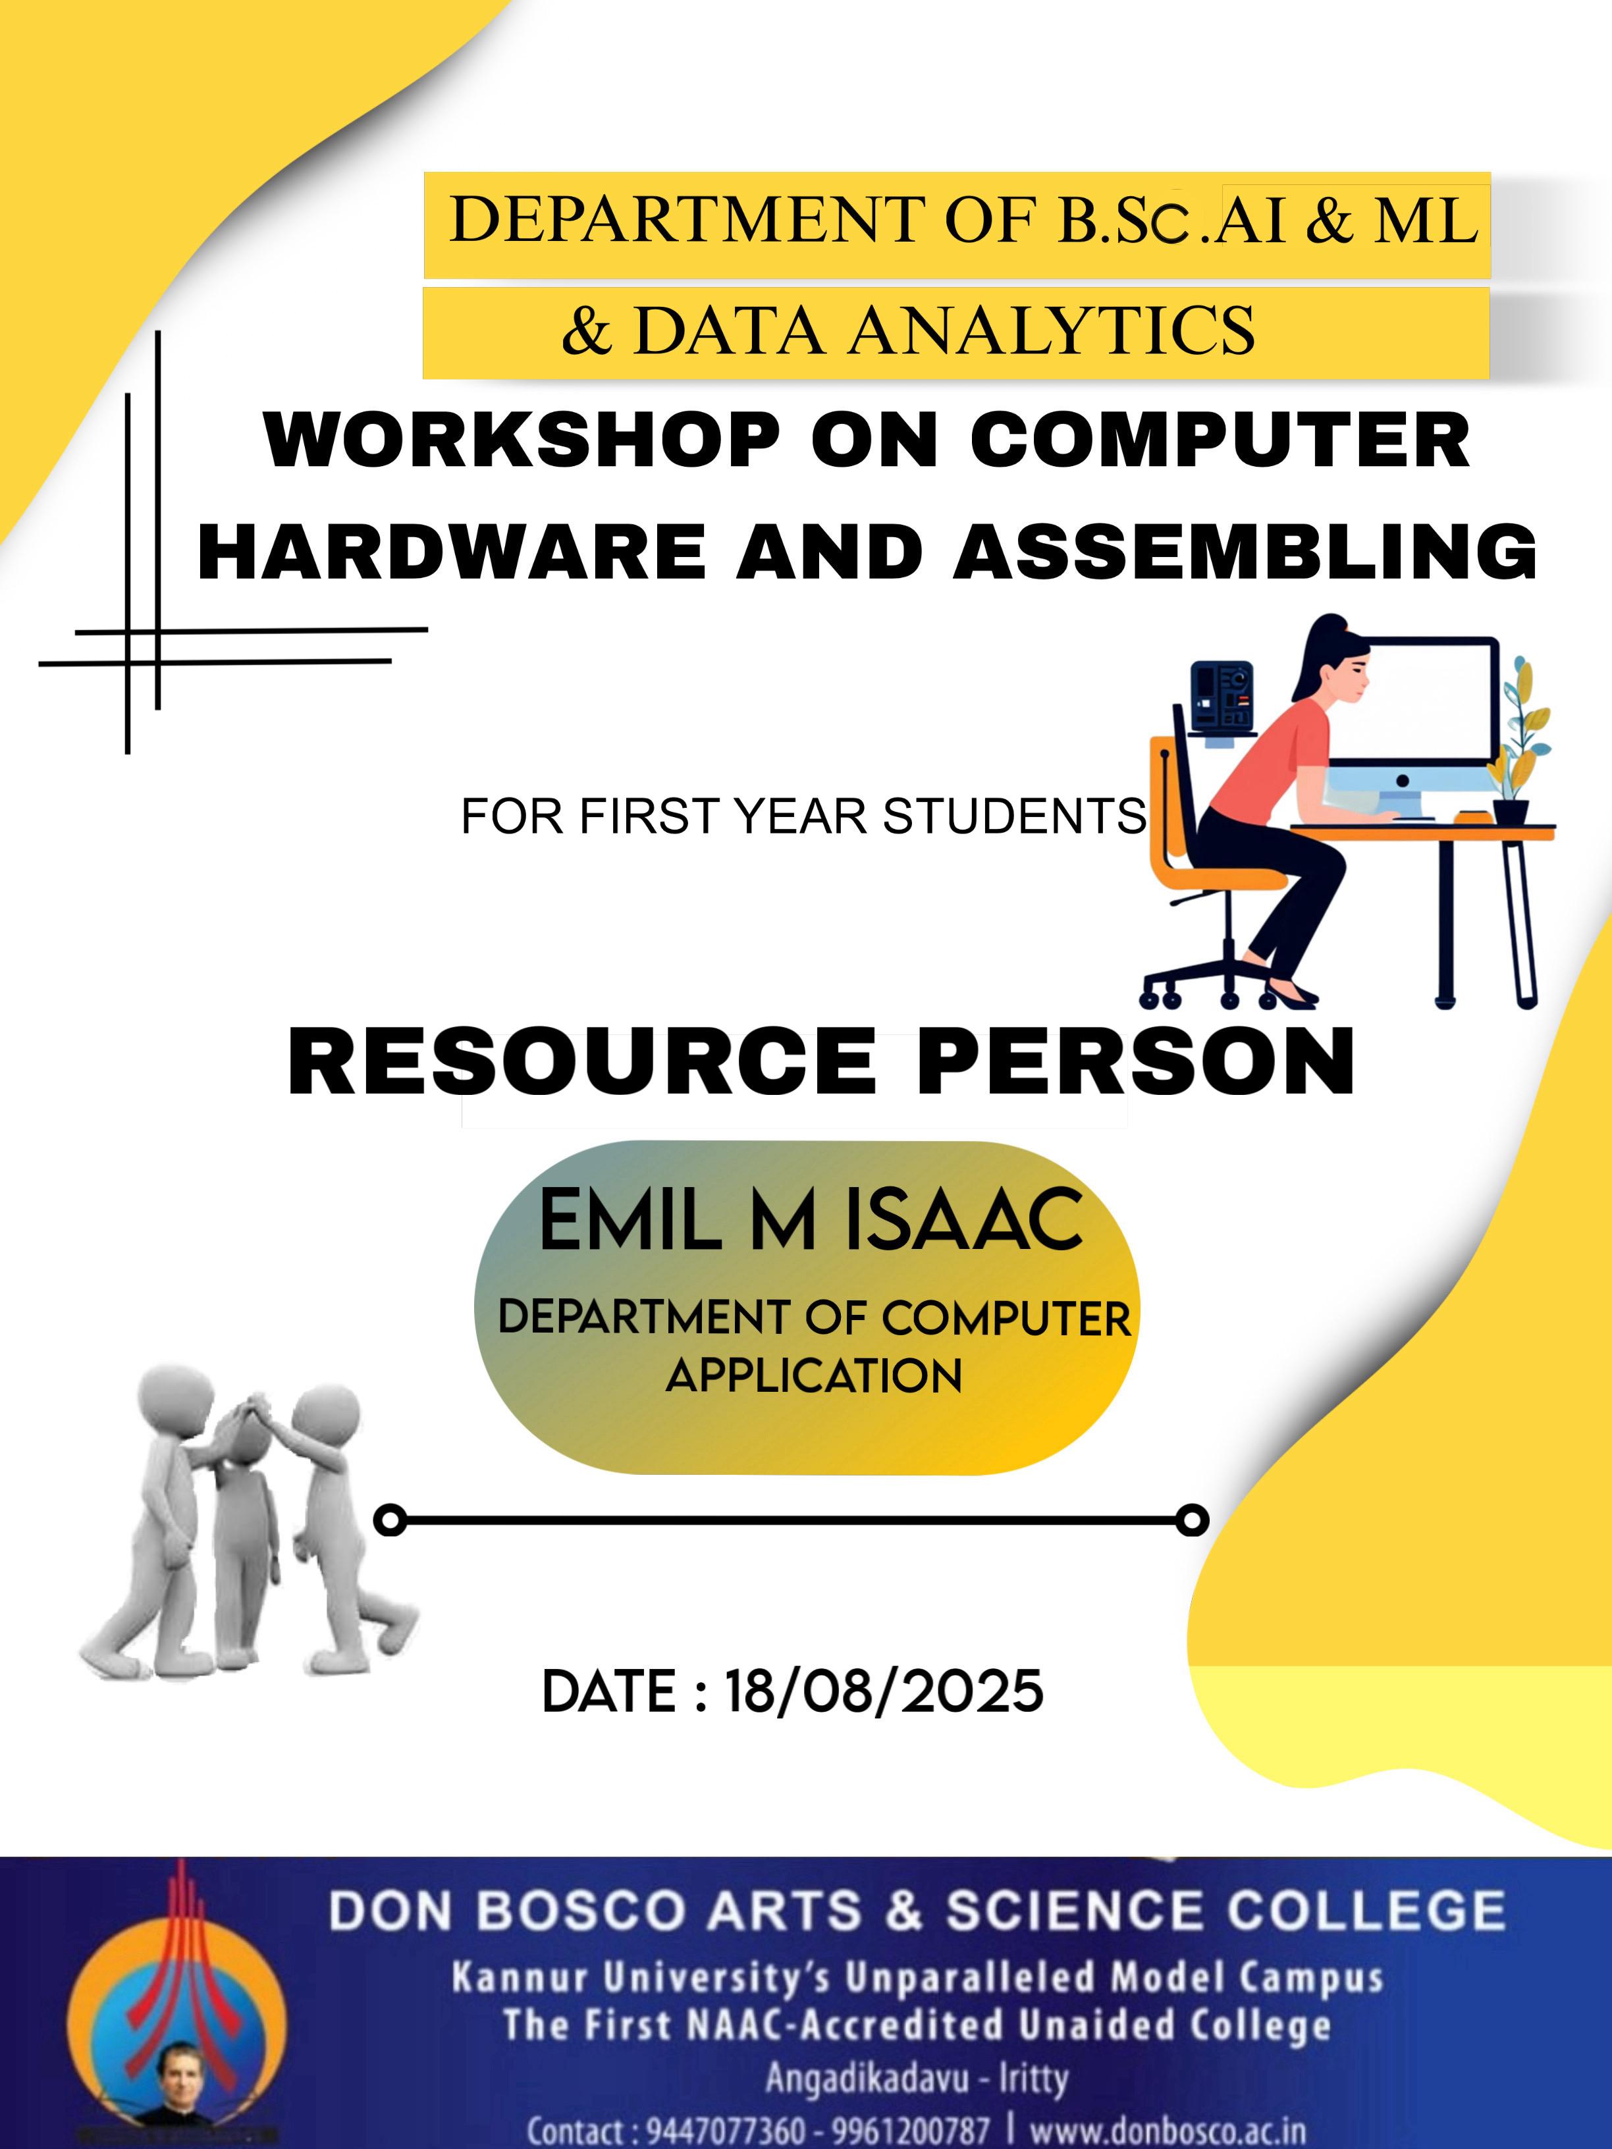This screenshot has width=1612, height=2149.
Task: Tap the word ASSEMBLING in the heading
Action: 1246,551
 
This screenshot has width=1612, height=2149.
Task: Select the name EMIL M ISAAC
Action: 811,1221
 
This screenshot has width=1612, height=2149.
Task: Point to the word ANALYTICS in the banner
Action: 1052,331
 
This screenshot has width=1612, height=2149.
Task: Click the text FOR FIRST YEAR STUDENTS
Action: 803,816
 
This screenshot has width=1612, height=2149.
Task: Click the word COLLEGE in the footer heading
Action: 1365,1910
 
